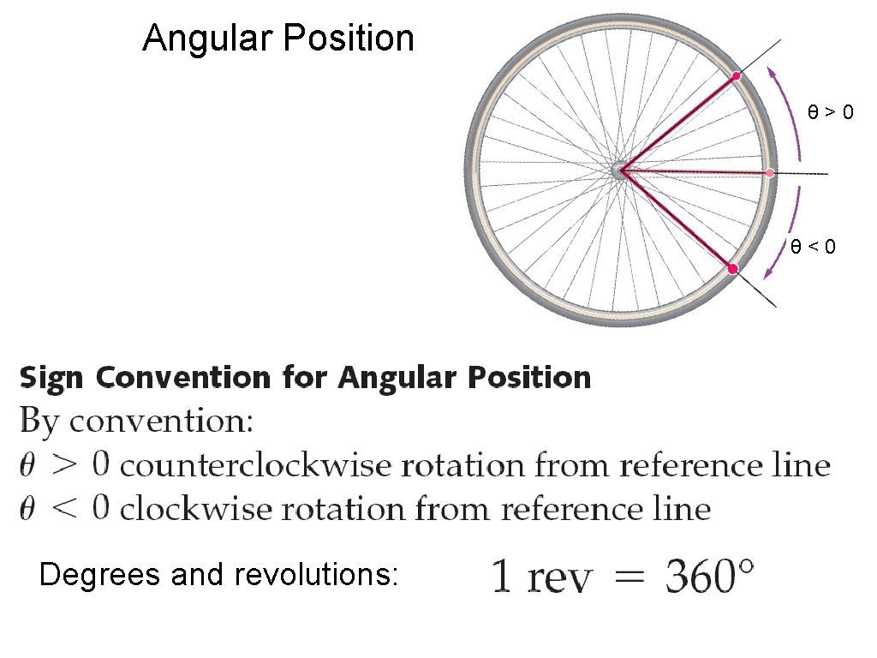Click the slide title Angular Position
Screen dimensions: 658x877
(277, 39)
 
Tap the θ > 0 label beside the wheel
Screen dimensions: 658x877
(831, 111)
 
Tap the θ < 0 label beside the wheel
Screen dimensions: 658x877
(813, 248)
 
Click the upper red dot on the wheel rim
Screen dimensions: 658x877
(736, 77)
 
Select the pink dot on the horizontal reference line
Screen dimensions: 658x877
(770, 173)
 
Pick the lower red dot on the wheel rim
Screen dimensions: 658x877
(733, 269)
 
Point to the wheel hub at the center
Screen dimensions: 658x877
(620, 171)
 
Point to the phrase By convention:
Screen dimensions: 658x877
(136, 422)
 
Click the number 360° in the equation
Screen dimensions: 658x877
(711, 577)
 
